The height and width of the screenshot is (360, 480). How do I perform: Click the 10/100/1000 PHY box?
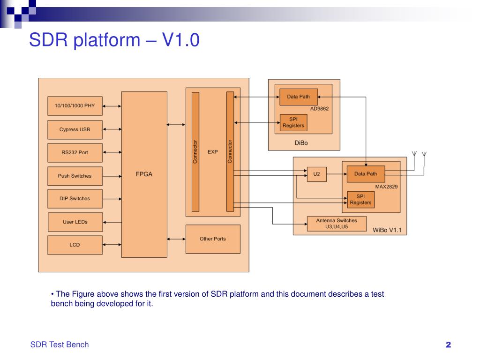pos(75,106)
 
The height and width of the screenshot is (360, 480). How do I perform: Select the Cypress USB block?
pos(75,129)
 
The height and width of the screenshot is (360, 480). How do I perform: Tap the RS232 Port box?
pos(75,152)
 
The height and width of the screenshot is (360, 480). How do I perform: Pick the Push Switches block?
pos(75,176)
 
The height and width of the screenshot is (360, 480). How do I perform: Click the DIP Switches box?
pos(75,199)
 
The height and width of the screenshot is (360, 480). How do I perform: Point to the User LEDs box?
pos(75,222)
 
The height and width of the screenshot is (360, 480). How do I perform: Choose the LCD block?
pos(75,245)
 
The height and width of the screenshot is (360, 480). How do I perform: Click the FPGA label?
pos(144,174)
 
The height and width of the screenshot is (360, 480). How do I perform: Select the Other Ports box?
pos(213,239)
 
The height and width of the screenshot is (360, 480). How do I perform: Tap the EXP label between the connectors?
pos(213,152)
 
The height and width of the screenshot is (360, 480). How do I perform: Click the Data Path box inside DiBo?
pos(299,97)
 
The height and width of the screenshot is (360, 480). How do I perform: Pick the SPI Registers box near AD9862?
pos(293,122)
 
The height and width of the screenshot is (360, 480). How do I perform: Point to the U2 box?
pos(317,174)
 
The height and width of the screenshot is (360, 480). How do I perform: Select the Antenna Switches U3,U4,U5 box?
pos(337,224)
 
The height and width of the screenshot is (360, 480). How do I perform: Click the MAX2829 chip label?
pos(386,187)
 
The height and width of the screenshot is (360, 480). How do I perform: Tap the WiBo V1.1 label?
pos(387,230)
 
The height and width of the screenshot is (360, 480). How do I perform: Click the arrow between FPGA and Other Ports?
pos(176,239)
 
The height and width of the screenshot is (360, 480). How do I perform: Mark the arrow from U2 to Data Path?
pos(337,174)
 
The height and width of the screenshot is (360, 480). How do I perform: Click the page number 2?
pos(449,345)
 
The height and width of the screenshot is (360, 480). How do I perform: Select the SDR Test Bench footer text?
pos(60,345)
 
